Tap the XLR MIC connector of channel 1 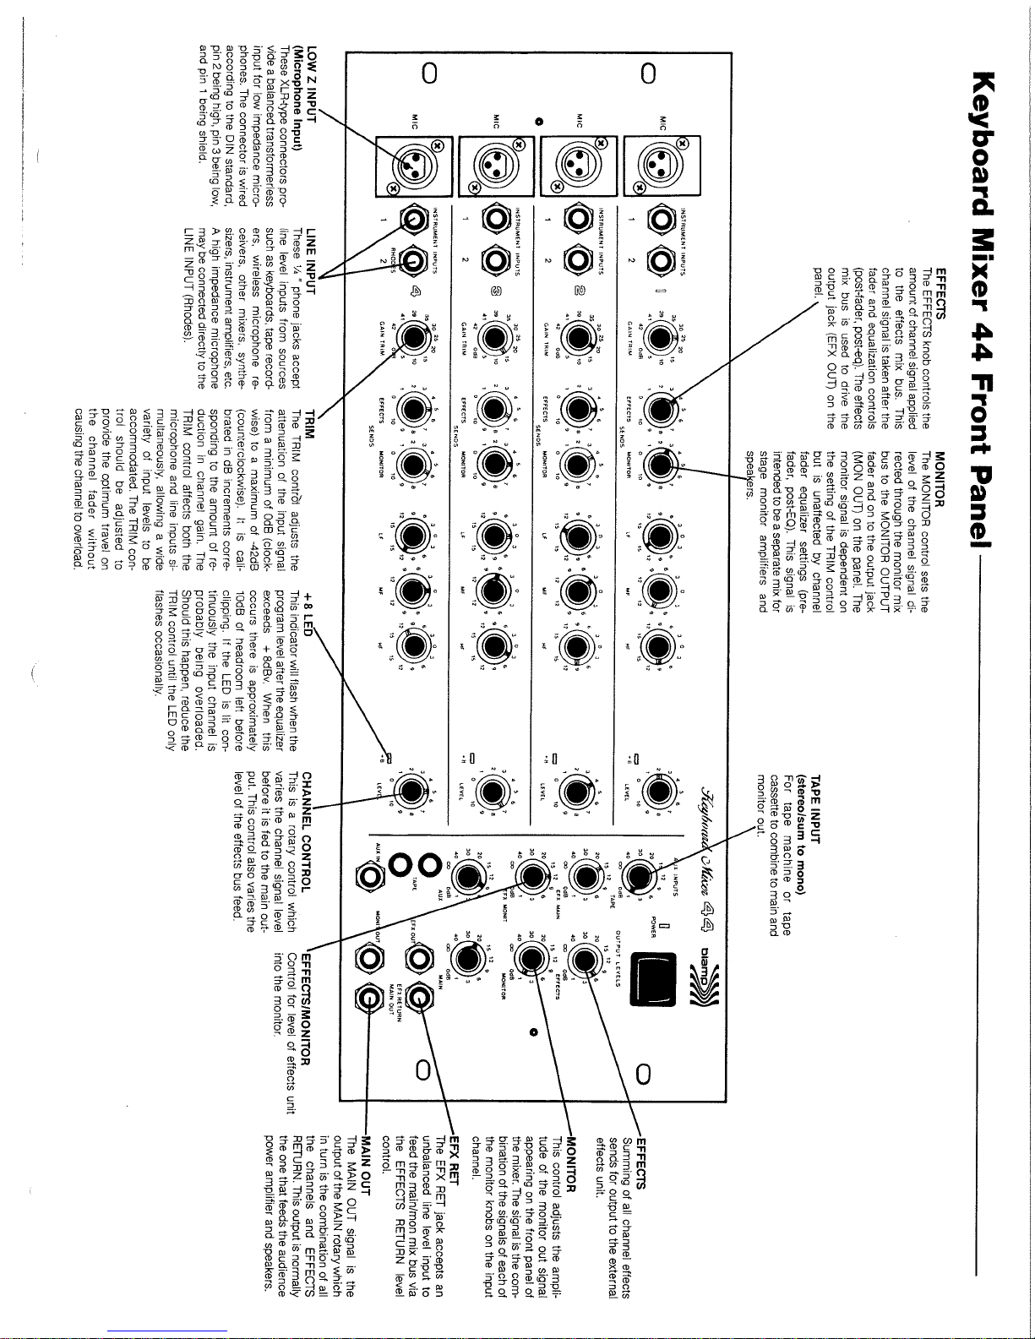665,161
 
